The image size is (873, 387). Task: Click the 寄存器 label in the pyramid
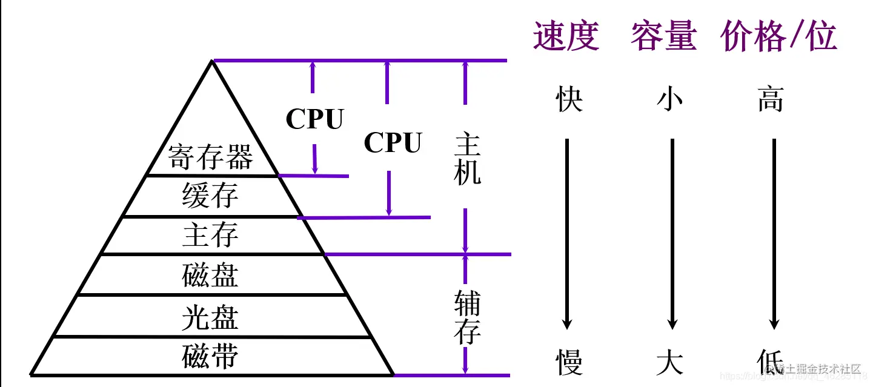(210, 157)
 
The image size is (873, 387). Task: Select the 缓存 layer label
(210, 196)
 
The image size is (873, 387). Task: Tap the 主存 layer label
(210, 235)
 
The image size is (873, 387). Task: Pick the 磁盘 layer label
(210, 275)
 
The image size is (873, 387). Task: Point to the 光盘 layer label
(210, 317)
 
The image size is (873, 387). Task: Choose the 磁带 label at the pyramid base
(210, 356)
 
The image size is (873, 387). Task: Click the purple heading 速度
(566, 36)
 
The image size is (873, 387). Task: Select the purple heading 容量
(663, 36)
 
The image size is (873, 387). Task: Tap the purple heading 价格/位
(778, 36)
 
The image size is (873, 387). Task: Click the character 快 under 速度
(569, 99)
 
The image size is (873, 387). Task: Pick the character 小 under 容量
(670, 99)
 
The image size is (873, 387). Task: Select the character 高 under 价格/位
(771, 99)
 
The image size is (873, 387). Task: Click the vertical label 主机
(468, 160)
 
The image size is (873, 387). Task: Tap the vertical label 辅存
(468, 317)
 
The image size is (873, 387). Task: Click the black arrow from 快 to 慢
(567, 233)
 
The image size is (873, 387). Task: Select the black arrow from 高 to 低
(774, 233)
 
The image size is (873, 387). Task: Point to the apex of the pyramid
(212, 61)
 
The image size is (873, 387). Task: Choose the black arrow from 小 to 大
(672, 233)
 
